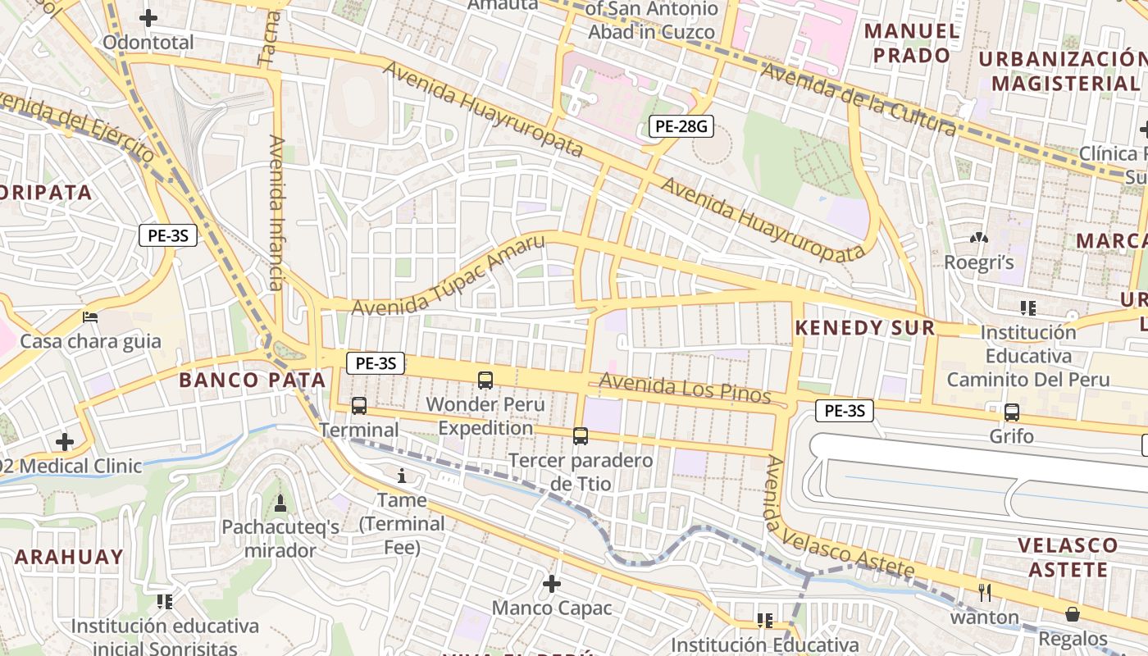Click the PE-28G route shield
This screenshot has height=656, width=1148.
pyautogui.click(x=680, y=126)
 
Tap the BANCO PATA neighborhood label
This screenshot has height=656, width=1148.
pyautogui.click(x=253, y=380)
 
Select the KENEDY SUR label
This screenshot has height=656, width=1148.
pyautogui.click(x=865, y=328)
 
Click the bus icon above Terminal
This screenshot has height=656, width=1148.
pyautogui.click(x=359, y=405)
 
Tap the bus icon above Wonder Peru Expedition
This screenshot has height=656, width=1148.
pyautogui.click(x=485, y=380)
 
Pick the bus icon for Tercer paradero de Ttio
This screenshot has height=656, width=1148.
pyautogui.click(x=581, y=436)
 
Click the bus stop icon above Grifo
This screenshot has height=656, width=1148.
pyautogui.click(x=1012, y=412)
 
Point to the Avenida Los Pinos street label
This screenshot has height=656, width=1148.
pyautogui.click(x=685, y=389)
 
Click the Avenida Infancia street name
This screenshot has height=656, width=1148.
pyautogui.click(x=276, y=213)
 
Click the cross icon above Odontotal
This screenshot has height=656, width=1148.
pyautogui.click(x=148, y=17)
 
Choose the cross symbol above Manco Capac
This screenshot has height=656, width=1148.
pyautogui.click(x=552, y=584)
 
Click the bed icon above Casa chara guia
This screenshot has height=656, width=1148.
pyautogui.click(x=90, y=317)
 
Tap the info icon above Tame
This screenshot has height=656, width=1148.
pyautogui.click(x=402, y=476)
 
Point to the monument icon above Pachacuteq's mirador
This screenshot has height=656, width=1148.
pyautogui.click(x=280, y=503)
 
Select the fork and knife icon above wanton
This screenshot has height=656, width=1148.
pyautogui.click(x=986, y=592)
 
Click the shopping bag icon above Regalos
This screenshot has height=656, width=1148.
pyautogui.click(x=1072, y=614)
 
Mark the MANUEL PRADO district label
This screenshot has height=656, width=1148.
pyautogui.click(x=912, y=43)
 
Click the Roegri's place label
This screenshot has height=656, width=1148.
pyautogui.click(x=979, y=262)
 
